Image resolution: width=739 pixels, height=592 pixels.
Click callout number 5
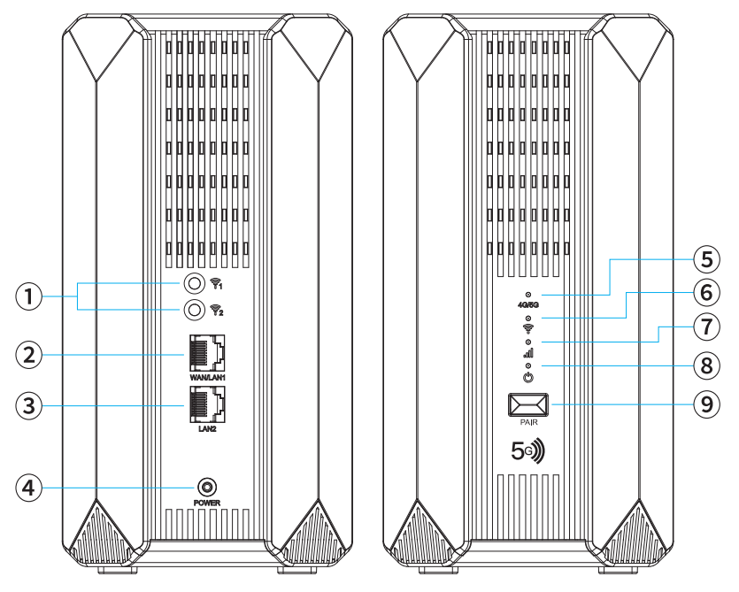coord(704,260)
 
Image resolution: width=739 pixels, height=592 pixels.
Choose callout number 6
coord(704,291)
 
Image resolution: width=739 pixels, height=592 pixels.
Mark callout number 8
coord(704,363)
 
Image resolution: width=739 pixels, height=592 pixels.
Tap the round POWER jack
coord(207,488)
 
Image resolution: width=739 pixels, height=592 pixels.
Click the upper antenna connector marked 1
coord(193,284)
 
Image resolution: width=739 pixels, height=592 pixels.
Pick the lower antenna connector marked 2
coord(193,310)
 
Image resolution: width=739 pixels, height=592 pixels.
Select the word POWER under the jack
coord(207,503)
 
